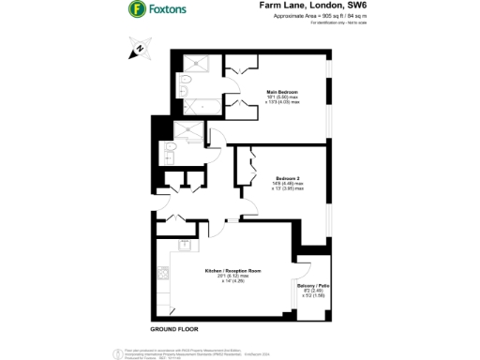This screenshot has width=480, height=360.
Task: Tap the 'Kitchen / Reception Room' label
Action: click(229, 271)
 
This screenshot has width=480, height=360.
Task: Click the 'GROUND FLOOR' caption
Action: click(175, 330)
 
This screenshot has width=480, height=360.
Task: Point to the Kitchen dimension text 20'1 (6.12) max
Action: click(229, 277)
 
